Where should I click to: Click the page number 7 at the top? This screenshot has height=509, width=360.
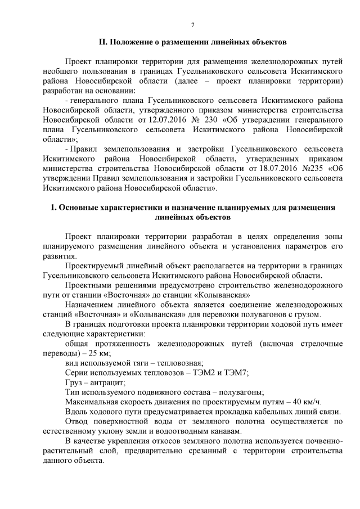point(193,25)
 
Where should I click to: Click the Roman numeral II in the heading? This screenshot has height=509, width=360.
point(102,42)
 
